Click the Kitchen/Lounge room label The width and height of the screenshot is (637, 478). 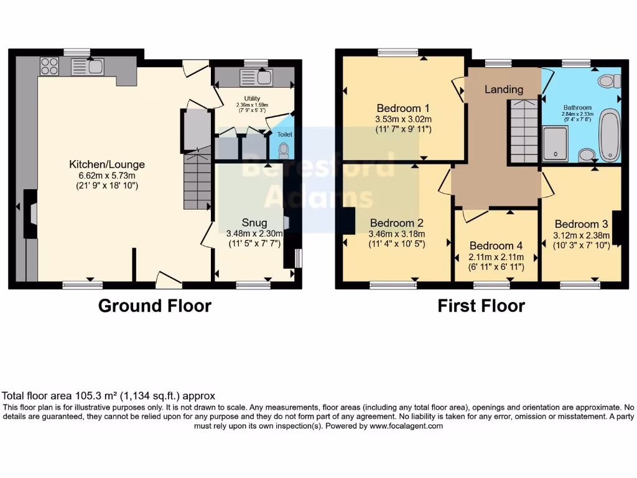106,164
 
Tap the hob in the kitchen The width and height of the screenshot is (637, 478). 49,65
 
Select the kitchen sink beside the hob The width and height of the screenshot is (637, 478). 86,66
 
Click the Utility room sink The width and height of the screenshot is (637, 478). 256,77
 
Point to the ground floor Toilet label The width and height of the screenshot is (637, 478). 284,134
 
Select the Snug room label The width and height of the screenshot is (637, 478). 254,223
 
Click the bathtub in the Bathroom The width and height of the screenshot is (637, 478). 608,135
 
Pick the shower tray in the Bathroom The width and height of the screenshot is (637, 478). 555,144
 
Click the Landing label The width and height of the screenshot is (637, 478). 503,89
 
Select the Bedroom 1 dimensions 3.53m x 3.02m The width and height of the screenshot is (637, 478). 403,119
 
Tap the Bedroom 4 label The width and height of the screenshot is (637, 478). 496,246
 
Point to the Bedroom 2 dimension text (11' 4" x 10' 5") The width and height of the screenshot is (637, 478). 398,245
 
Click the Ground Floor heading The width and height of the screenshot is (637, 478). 155,306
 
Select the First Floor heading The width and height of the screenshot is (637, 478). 481,306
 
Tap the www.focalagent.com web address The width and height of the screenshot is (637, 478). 406,426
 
